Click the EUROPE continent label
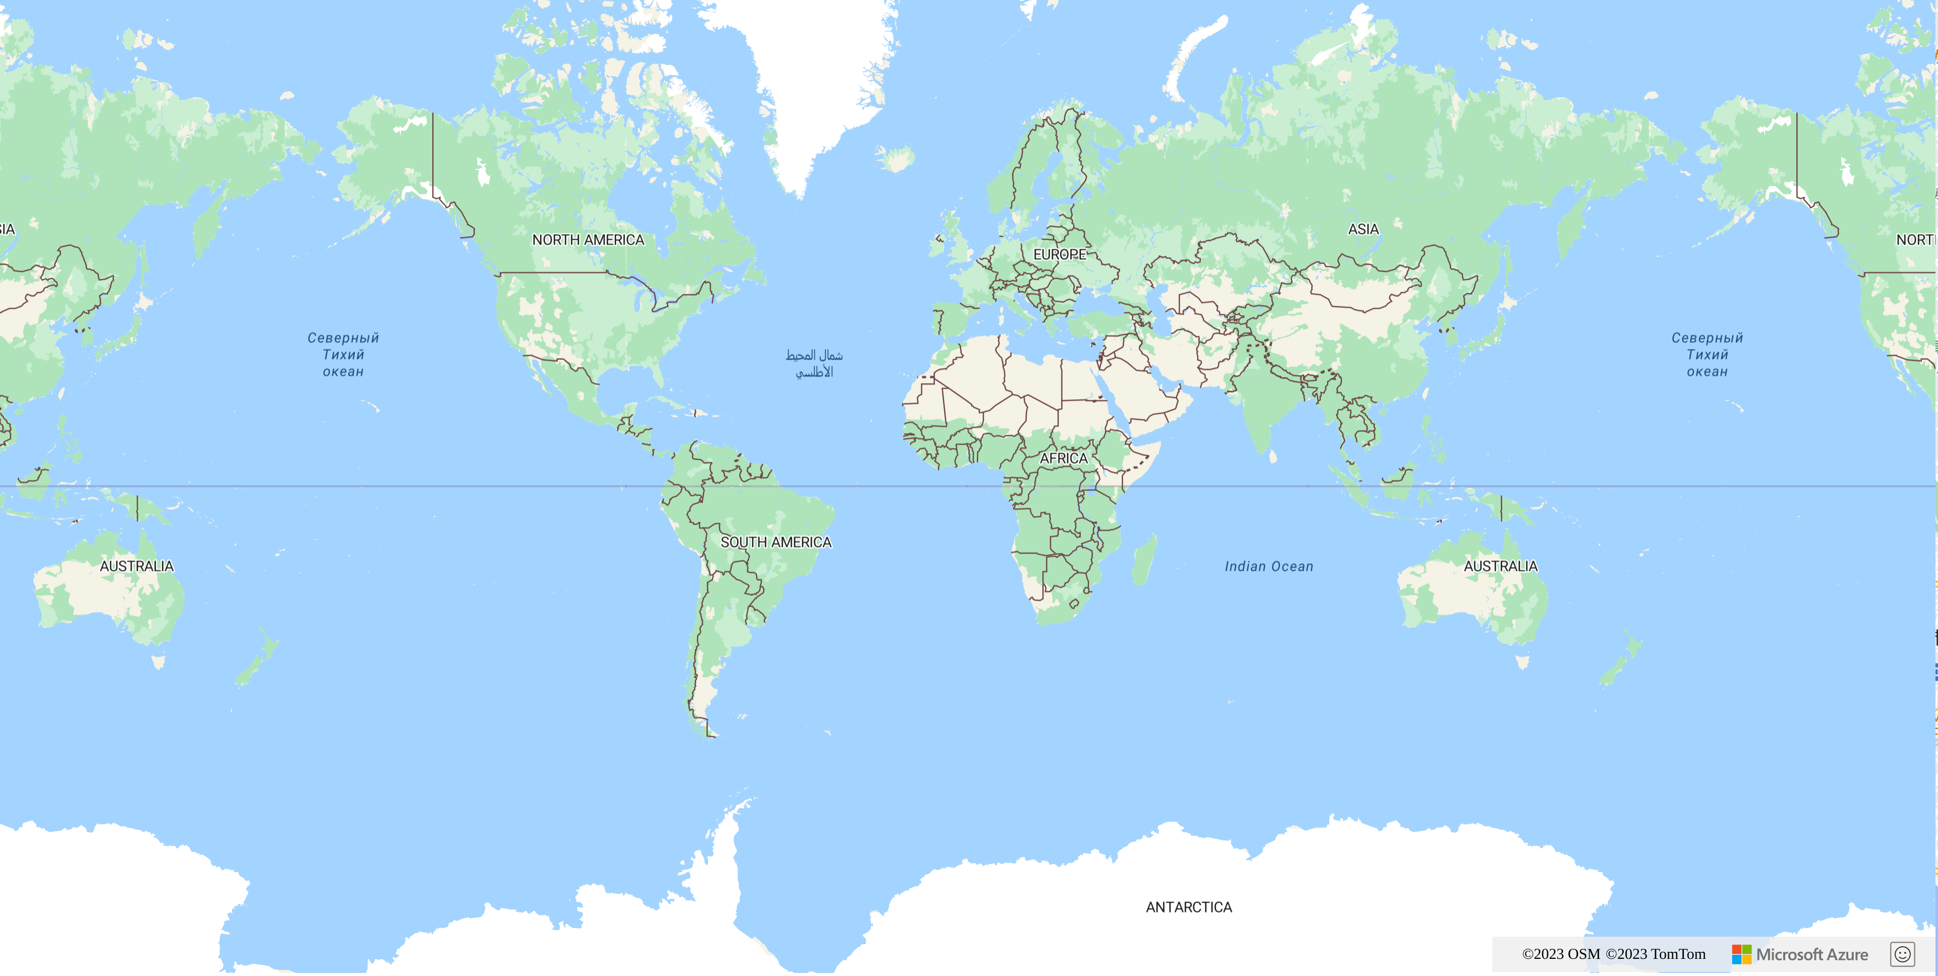point(1060,254)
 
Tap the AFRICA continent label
point(1063,458)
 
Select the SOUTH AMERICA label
point(776,542)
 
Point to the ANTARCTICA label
point(1189,907)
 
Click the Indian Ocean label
point(1268,566)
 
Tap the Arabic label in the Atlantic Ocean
point(814,363)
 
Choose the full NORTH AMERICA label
point(589,240)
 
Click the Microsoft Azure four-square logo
point(1741,954)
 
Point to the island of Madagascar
point(1144,560)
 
